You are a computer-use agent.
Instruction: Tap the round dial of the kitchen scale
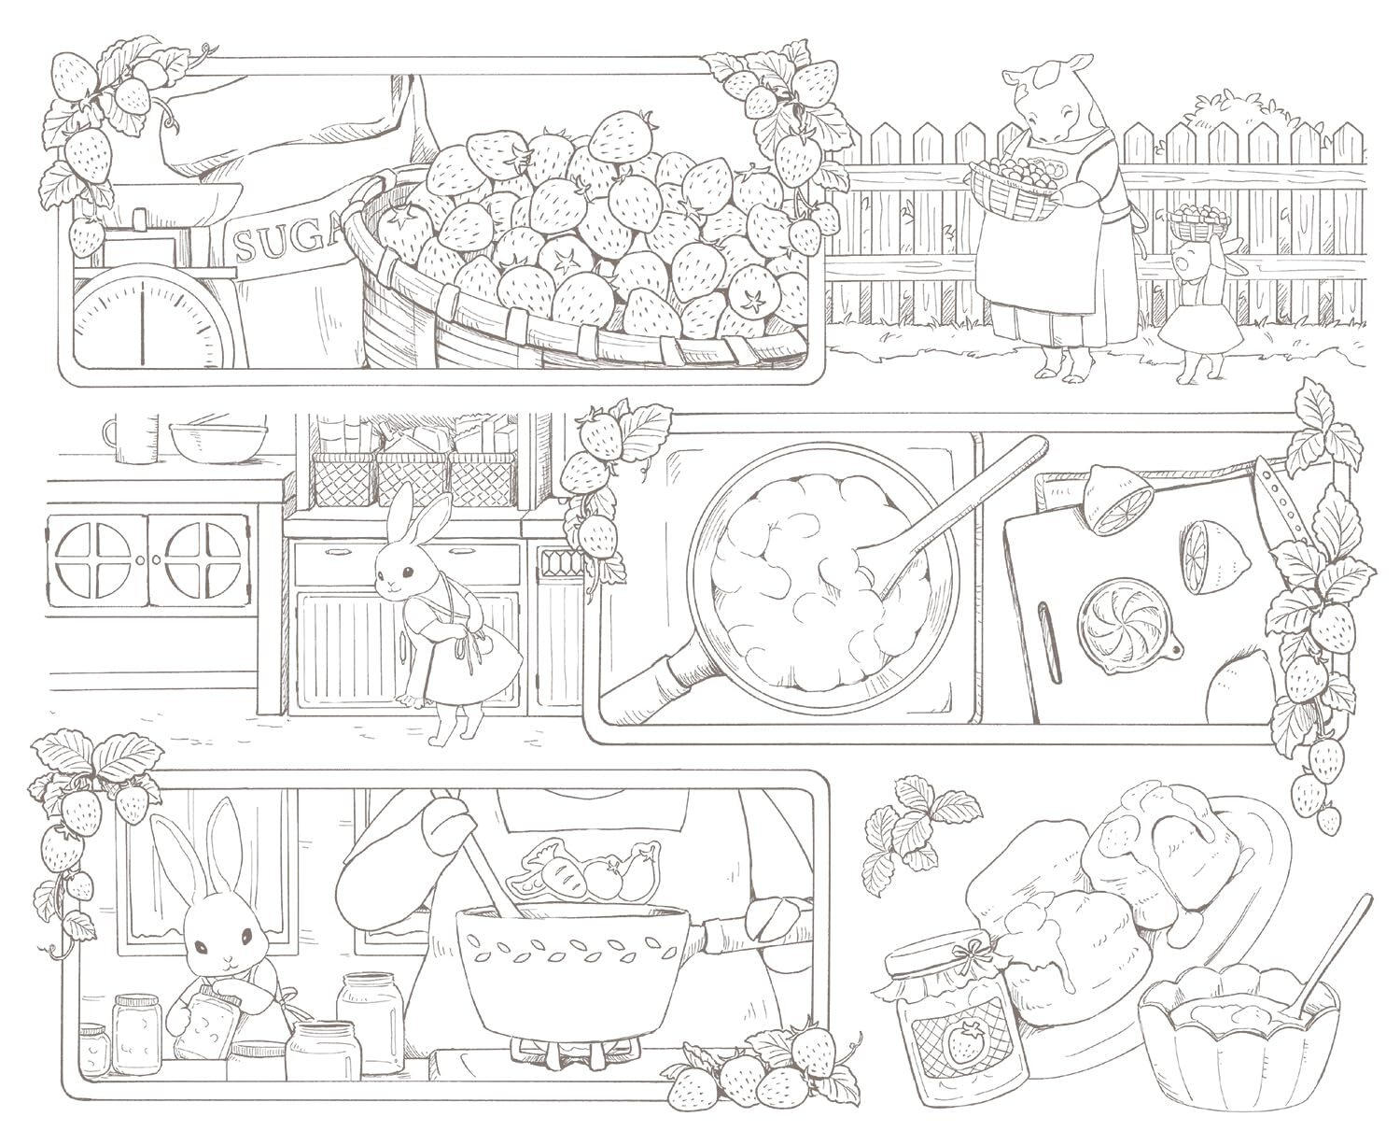[x=143, y=318]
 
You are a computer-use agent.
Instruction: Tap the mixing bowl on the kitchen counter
[x=218, y=441]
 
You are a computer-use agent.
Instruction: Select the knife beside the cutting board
[x=1275, y=512]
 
